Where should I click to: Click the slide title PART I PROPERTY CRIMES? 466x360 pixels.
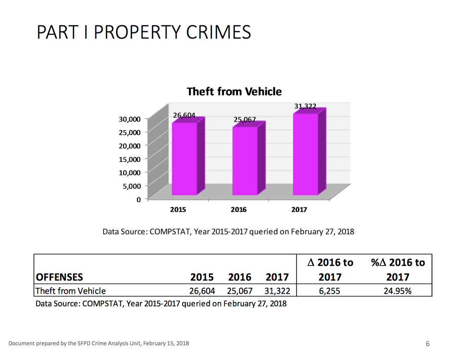point(144,32)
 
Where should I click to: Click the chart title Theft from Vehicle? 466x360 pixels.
point(234,92)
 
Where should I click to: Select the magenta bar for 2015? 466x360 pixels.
point(184,158)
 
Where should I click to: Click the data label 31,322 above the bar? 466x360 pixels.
point(305,106)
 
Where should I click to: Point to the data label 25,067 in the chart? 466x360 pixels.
point(245,119)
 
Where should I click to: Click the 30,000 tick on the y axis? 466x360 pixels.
point(130,119)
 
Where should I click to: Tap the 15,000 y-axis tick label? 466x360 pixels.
point(130,159)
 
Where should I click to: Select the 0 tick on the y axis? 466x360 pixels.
point(138,199)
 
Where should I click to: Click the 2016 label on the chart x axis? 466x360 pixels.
point(239,209)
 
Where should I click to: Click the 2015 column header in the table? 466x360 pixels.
point(202,277)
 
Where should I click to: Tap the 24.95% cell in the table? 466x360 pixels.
point(398,291)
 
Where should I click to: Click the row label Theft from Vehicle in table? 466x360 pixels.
point(70,291)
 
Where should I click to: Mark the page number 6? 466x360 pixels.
point(428,344)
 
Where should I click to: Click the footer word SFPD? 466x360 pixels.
point(82,344)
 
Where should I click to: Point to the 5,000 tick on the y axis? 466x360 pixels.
point(131,186)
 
